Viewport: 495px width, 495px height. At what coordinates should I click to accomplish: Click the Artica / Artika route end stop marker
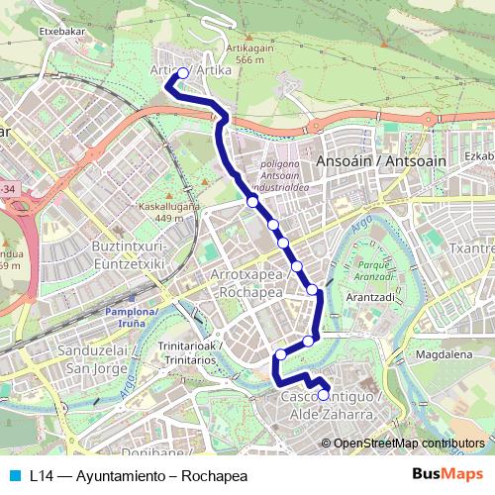click(182, 72)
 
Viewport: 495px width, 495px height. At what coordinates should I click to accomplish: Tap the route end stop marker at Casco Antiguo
click(323, 394)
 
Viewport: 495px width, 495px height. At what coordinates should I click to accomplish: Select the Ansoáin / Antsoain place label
click(367, 160)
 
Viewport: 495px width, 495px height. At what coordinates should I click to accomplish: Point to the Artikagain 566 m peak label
click(250, 51)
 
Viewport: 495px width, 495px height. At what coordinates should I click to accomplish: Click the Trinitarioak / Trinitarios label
click(189, 353)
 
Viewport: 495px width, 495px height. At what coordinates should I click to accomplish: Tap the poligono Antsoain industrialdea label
click(285, 174)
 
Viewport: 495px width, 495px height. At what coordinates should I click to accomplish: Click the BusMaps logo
click(448, 474)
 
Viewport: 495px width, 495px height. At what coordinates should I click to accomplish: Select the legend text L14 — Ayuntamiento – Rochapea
click(139, 474)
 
